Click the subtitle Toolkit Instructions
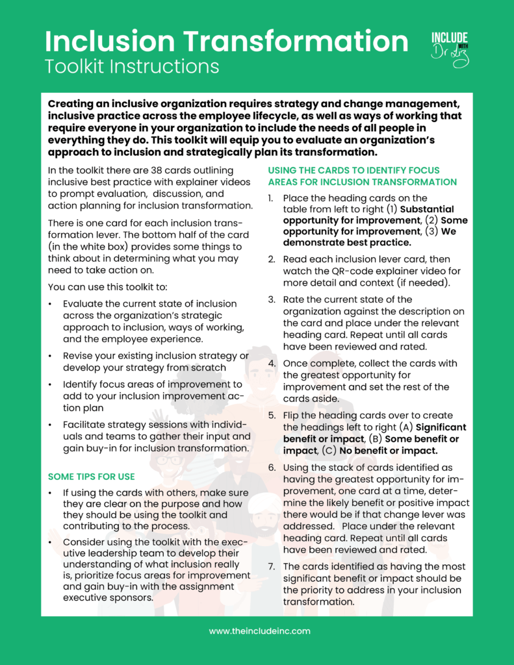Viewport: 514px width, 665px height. pyautogui.click(x=132, y=66)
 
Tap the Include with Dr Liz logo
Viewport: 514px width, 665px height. pyautogui.click(x=450, y=48)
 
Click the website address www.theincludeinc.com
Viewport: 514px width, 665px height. pyautogui.click(x=259, y=631)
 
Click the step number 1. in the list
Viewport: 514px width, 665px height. pyautogui.click(x=272, y=198)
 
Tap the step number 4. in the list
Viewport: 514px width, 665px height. pyautogui.click(x=272, y=363)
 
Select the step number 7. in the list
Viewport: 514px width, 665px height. pyautogui.click(x=272, y=566)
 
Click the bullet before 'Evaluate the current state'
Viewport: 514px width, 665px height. pyautogui.click(x=51, y=303)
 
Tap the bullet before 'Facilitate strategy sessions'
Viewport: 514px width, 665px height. pyautogui.click(x=51, y=424)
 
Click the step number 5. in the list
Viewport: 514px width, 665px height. pyautogui.click(x=272, y=415)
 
